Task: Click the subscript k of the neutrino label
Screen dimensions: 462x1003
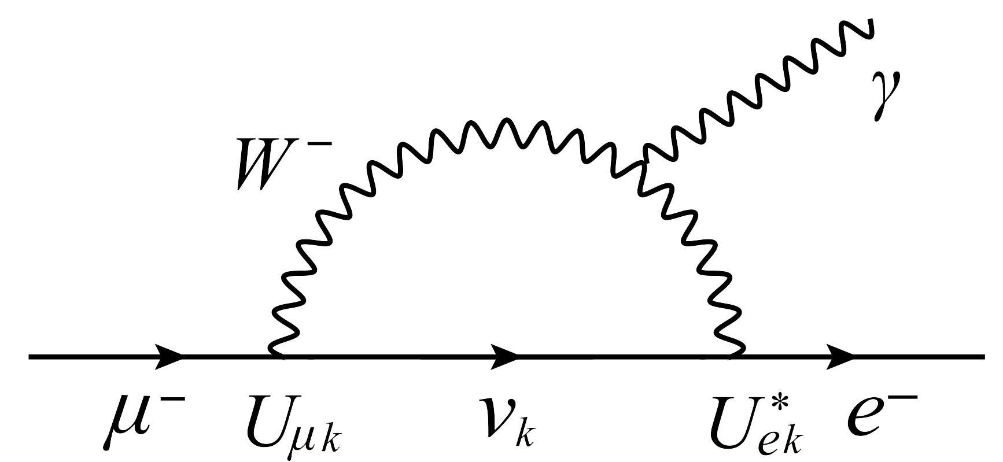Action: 530,438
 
